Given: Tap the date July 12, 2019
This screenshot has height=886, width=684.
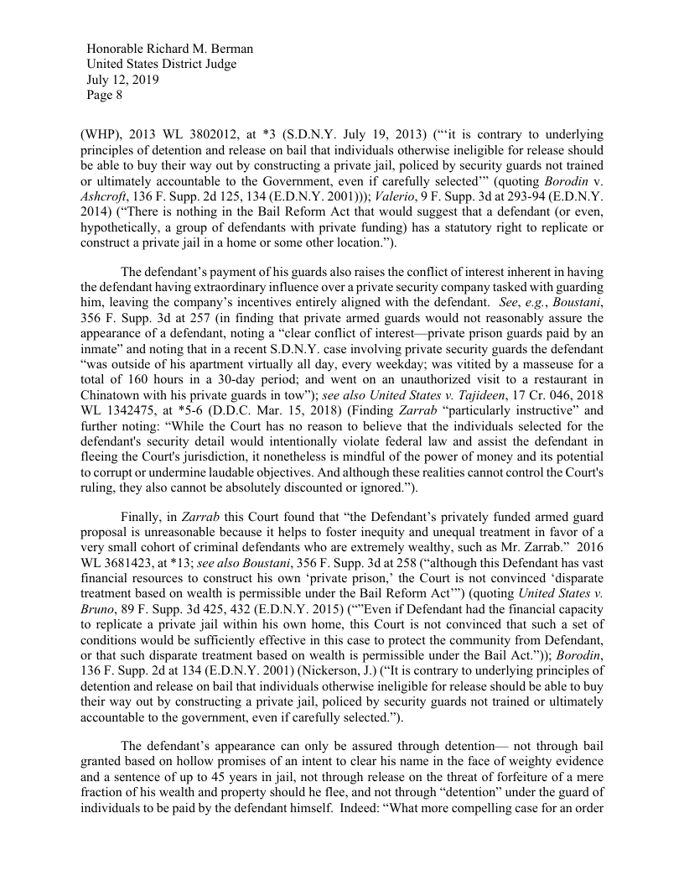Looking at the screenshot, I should tap(123, 81).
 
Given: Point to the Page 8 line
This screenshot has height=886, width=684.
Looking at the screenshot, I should tap(105, 96).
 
